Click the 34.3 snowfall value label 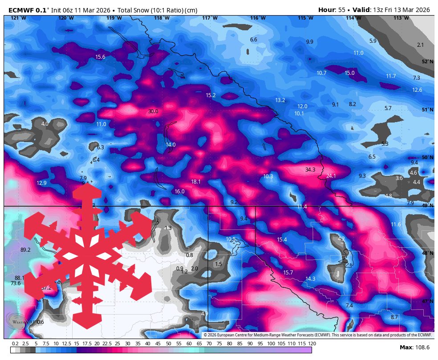coord(310,170)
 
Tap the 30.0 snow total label coord(153,111)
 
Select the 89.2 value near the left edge coord(25,250)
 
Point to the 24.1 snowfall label coord(331,176)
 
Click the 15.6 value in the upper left coord(100,57)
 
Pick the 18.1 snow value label coord(196,182)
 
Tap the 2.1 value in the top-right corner coord(421,45)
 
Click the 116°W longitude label coord(257,18)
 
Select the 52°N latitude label coord(427,62)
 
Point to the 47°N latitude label coord(427,302)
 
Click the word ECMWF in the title coord(21,10)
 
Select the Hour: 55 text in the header coord(332,10)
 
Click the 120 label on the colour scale coord(312,344)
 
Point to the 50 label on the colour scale coord(168,344)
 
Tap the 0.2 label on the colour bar coord(15,344)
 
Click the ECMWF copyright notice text coord(318,335)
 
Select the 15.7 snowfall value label coord(288,273)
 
